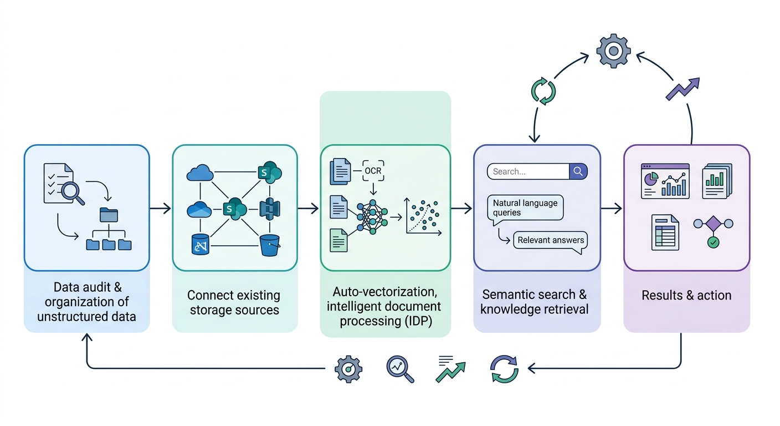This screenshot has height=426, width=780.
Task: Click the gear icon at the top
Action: point(613,51)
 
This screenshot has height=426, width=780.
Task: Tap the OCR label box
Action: point(373,171)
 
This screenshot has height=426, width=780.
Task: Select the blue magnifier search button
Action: point(578,171)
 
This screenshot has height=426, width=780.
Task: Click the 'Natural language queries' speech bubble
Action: point(525,207)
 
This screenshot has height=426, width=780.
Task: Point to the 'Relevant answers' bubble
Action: point(550,240)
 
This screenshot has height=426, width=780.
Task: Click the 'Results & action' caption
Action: point(686,295)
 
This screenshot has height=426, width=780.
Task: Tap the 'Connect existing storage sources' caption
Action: point(234,302)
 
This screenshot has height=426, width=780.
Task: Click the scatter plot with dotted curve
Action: point(423,217)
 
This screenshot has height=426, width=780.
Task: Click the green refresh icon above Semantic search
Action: point(543,92)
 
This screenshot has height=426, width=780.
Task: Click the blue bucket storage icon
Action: point(270,245)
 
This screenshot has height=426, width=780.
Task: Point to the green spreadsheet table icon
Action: point(665,232)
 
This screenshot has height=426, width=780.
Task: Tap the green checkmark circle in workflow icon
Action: point(714,242)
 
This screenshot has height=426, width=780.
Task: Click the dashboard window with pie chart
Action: point(665,181)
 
